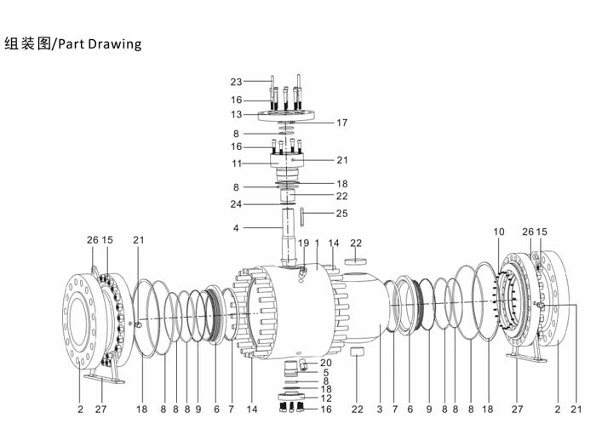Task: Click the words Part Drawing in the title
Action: pyautogui.click(x=100, y=43)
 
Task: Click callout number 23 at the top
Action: pyautogui.click(x=236, y=82)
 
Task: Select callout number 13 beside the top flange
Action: pyautogui.click(x=236, y=114)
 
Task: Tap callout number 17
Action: pyautogui.click(x=341, y=123)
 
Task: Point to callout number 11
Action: pyautogui.click(x=237, y=163)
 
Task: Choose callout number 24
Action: pyautogui.click(x=236, y=204)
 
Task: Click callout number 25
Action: pyautogui.click(x=341, y=213)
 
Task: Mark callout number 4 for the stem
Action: pyautogui.click(x=236, y=227)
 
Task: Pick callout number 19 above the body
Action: pyautogui.click(x=303, y=243)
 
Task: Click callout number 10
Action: pyautogui.click(x=499, y=232)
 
